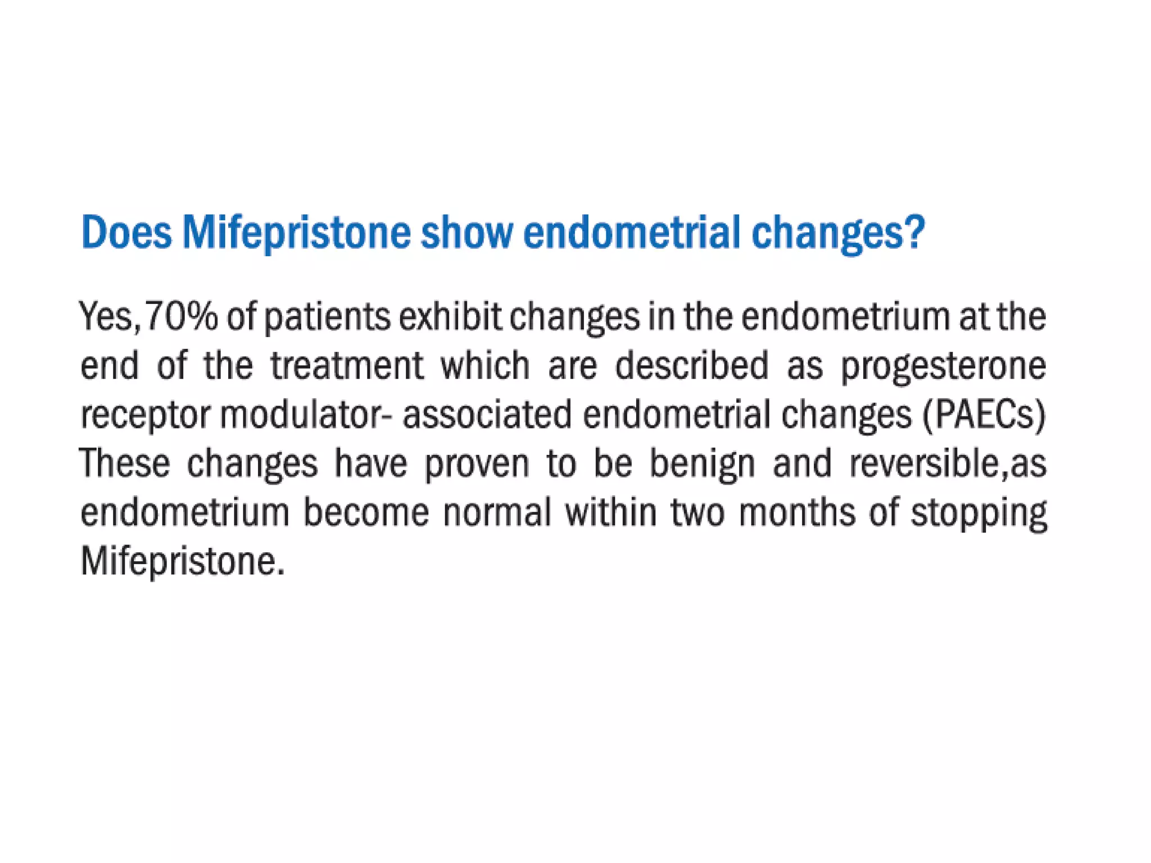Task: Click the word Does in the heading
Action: (126, 232)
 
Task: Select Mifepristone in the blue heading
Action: (296, 232)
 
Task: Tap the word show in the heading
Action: (467, 232)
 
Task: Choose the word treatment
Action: (347, 366)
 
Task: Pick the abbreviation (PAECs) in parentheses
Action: (984, 415)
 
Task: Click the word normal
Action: (497, 512)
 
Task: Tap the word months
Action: (797, 512)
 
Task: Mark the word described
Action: (691, 366)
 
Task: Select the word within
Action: (610, 512)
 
